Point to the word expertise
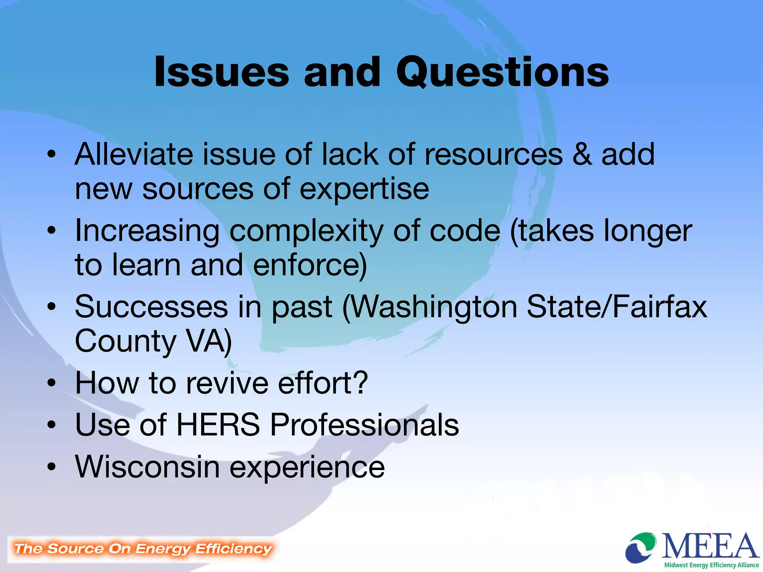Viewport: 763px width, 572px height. coord(364,189)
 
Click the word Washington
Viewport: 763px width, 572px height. coord(434,307)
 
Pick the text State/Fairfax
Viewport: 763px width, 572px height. coord(617,307)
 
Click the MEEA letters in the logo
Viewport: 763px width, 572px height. coord(710,546)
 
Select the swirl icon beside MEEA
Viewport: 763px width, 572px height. coord(640,547)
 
